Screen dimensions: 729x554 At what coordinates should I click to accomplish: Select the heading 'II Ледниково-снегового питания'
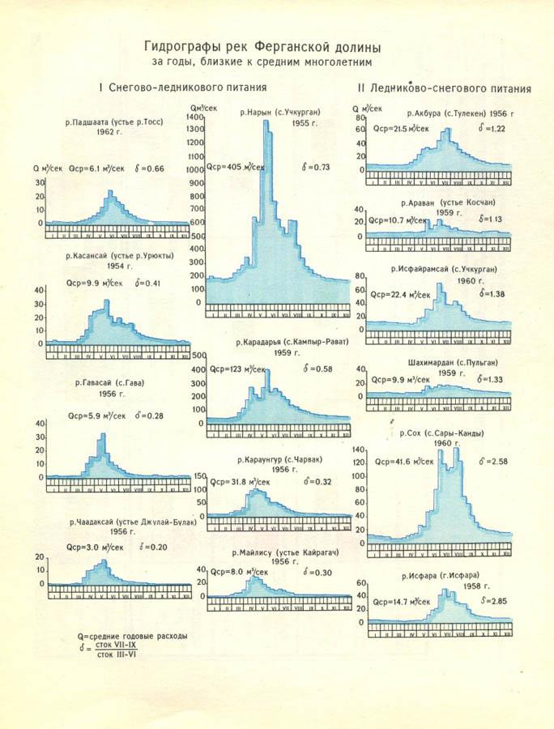pyautogui.click(x=444, y=88)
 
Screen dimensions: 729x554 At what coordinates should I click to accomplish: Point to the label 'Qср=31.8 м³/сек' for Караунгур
pyautogui.click(x=240, y=481)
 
